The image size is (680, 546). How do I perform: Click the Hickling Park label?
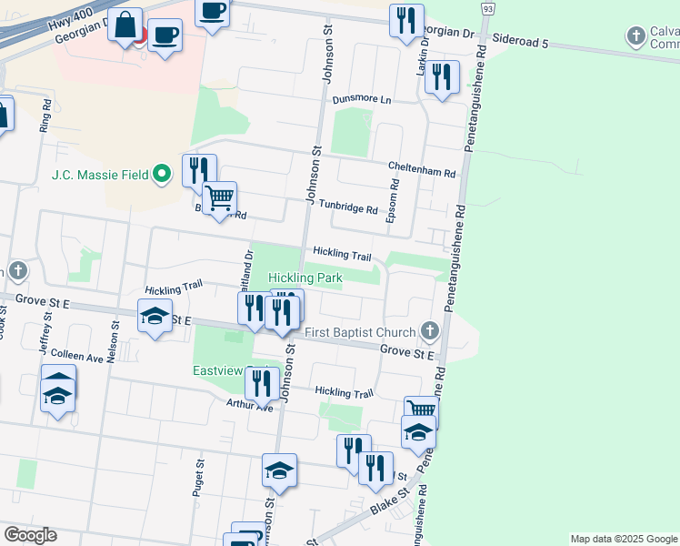pos(305,277)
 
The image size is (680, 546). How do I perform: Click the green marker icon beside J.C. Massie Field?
pos(163,173)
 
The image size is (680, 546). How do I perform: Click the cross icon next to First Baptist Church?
pos(432,331)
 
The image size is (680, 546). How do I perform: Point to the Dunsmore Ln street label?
pos(361,99)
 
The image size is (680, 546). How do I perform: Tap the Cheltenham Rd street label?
pos(421,170)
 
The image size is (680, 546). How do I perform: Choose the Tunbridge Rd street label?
pos(354,209)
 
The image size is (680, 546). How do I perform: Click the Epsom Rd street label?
pos(394,201)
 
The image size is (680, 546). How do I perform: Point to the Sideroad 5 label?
pos(521,41)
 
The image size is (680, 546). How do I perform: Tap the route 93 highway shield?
pos(489,8)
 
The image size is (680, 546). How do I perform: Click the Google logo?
pos(30,534)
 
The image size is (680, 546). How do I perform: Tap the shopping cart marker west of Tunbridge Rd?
pos(219,198)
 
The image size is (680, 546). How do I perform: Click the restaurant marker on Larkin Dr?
pos(442,76)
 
